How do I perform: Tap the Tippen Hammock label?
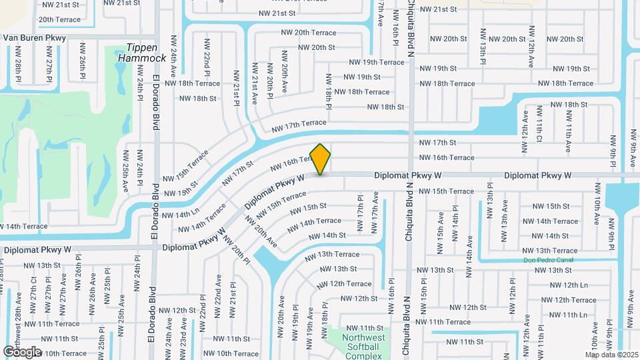pyautogui.click(x=142, y=53)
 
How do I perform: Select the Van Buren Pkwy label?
pyautogui.click(x=35, y=38)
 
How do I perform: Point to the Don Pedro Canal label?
pyautogui.click(x=547, y=260)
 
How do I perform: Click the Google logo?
pyautogui.click(x=22, y=351)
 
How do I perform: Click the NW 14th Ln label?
pyautogui.click(x=180, y=215)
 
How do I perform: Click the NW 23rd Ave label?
pyautogui.click(x=183, y=333)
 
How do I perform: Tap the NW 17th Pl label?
pyautogui.click(x=360, y=214)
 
